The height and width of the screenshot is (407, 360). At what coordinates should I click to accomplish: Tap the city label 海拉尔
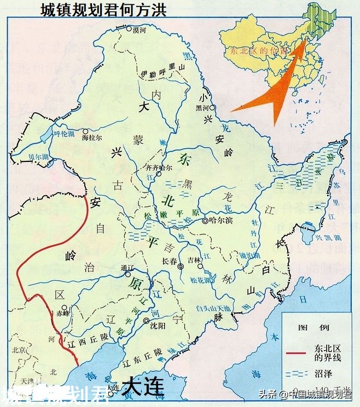point(93,138)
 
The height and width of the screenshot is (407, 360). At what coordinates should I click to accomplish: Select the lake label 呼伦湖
point(62,132)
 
